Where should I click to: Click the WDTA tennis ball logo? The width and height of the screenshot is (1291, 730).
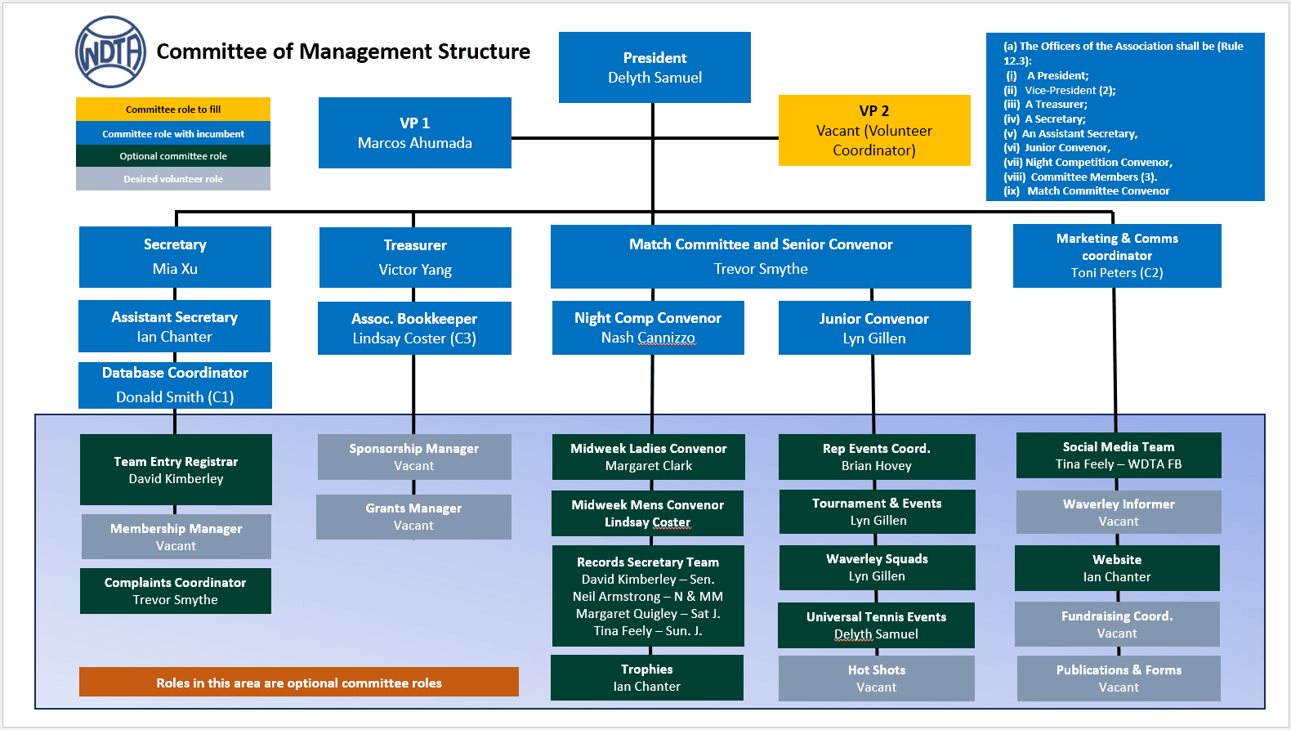pyautogui.click(x=110, y=52)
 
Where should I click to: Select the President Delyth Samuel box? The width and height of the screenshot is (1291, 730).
pyautogui.click(x=654, y=68)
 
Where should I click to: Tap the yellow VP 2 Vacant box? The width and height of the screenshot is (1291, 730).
pyautogui.click(x=874, y=131)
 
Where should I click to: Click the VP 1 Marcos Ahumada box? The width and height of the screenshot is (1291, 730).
pyautogui.click(x=414, y=133)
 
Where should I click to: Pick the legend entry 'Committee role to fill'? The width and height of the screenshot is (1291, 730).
pyautogui.click(x=173, y=110)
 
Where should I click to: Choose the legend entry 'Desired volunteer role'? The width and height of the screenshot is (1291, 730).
pyautogui.click(x=173, y=179)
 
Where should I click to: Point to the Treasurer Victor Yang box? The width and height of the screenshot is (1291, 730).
pyautogui.click(x=415, y=258)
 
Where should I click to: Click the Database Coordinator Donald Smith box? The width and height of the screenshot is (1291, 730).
pyautogui.click(x=175, y=385)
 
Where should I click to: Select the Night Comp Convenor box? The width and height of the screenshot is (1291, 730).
pyautogui.click(x=648, y=328)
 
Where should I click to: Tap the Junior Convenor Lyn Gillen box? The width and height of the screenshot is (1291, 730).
pyautogui.click(x=874, y=328)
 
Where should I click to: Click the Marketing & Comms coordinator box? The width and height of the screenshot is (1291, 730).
pyautogui.click(x=1117, y=256)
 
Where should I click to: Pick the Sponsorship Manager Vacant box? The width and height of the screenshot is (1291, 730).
pyautogui.click(x=414, y=457)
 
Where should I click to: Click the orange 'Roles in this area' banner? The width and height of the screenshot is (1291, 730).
pyautogui.click(x=299, y=683)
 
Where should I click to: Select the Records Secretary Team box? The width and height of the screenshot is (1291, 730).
pyautogui.click(x=648, y=597)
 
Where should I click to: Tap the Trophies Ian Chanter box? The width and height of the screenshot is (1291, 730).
pyautogui.click(x=647, y=678)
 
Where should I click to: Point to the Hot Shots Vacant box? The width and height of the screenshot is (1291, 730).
pyautogui.click(x=877, y=678)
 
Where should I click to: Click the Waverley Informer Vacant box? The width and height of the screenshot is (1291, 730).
pyautogui.click(x=1119, y=513)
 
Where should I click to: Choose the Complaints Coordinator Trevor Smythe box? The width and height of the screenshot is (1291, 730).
pyautogui.click(x=176, y=591)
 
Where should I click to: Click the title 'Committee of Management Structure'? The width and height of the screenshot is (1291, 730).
pyautogui.click(x=343, y=52)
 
